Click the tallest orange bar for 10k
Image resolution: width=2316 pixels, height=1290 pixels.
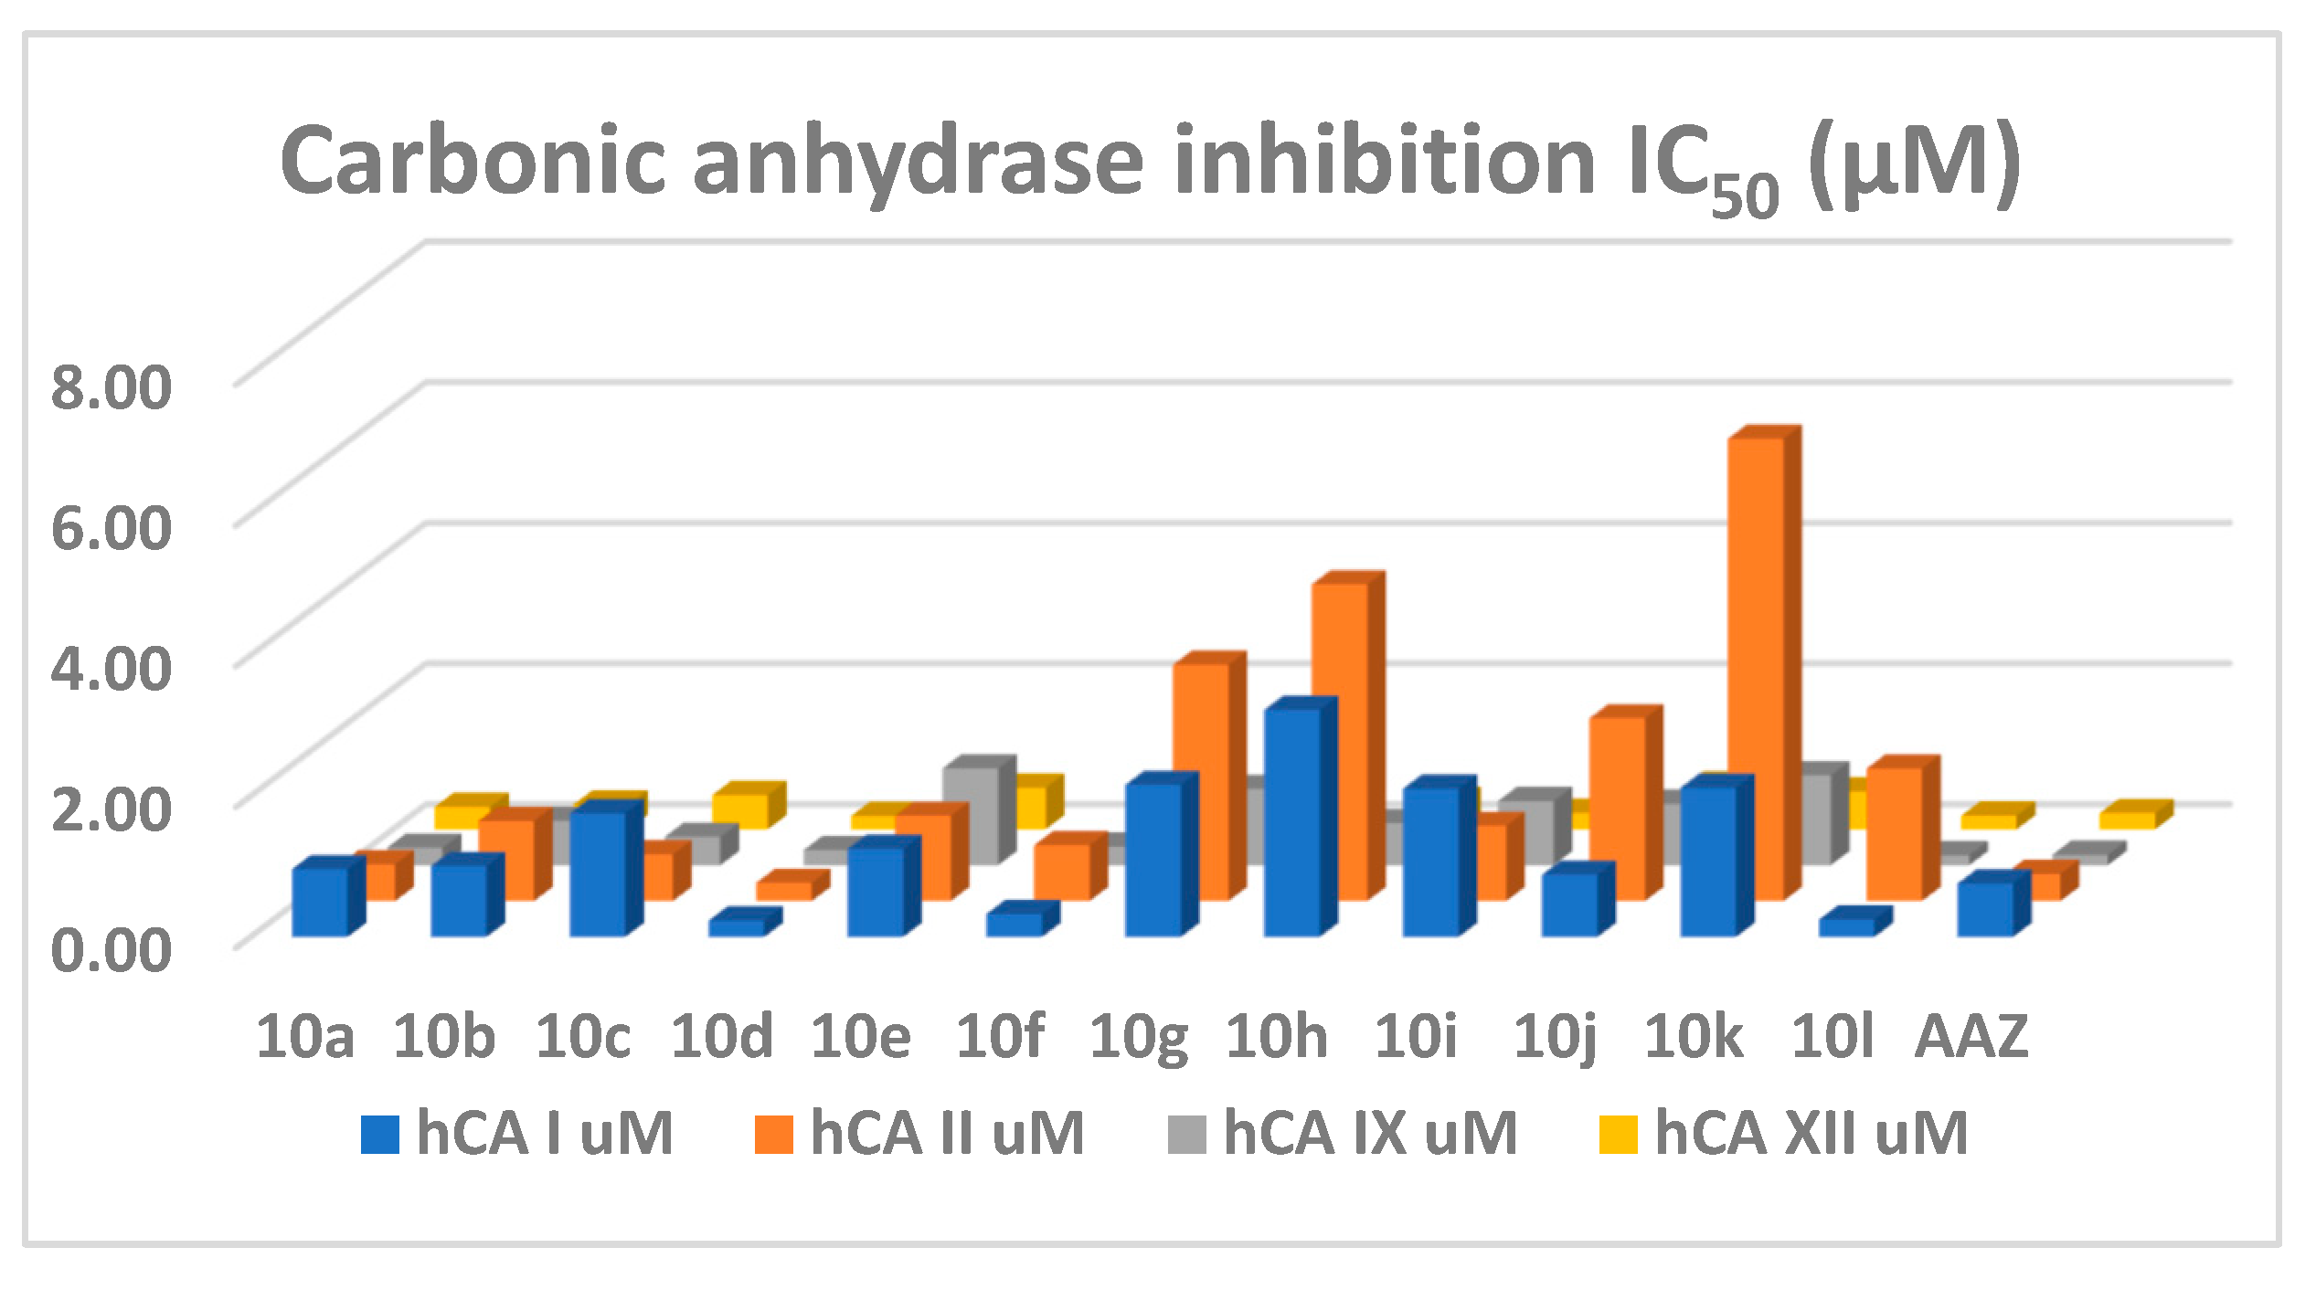coord(1755,667)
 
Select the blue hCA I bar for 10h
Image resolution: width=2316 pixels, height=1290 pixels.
coord(1292,822)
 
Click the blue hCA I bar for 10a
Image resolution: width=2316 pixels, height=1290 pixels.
coord(320,902)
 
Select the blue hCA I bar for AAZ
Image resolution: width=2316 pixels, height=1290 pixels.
coord(1985,908)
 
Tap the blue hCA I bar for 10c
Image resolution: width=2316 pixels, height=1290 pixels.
coord(599,873)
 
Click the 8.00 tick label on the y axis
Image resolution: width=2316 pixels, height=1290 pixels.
coord(111,386)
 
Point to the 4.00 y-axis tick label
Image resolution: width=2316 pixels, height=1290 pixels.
coord(111,668)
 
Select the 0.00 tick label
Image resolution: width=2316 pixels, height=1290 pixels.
coord(111,950)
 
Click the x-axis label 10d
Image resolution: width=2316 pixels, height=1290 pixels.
coord(722,1037)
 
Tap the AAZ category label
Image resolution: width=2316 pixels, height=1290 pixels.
coord(1971,1037)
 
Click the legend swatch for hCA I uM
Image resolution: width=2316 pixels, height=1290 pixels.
coord(380,1135)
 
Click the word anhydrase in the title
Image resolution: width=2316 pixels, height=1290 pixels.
coord(918,163)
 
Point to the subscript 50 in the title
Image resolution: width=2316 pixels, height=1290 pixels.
coord(1744,195)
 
